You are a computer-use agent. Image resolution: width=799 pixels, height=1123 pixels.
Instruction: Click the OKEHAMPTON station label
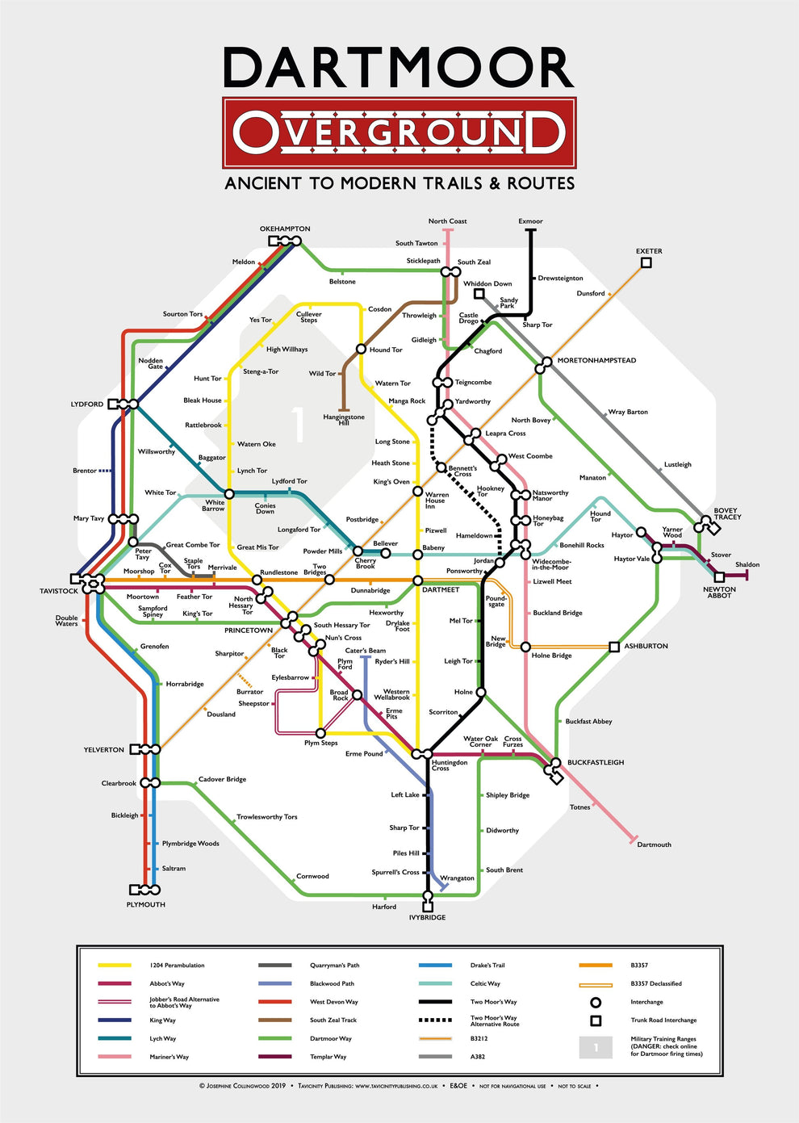285,228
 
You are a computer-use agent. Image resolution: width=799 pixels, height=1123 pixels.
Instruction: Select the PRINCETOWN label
248,631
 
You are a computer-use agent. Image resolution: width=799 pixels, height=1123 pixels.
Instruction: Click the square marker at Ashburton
614,647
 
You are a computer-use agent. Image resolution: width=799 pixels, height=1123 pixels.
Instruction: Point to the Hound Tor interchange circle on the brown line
362,350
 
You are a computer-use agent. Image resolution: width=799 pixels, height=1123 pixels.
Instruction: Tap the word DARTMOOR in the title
399,68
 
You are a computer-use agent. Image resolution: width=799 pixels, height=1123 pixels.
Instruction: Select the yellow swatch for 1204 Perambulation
114,966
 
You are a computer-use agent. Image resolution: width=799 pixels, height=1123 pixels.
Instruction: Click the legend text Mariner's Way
169,1057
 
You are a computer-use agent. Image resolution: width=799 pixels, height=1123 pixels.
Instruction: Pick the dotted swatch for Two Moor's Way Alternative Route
435,1020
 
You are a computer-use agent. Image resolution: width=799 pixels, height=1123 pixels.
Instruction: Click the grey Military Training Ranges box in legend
596,1047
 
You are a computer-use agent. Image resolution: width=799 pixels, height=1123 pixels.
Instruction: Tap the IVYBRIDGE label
427,918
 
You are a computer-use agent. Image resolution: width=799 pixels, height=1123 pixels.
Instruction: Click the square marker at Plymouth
134,890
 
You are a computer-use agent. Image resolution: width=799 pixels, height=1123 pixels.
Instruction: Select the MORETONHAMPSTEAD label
596,361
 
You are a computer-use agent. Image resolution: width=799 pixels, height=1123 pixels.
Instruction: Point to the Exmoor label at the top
530,221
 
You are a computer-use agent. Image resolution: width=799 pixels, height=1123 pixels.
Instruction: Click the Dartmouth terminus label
654,844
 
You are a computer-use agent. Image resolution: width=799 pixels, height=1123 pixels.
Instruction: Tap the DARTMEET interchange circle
417,580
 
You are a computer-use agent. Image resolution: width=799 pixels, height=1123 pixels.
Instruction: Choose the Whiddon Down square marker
479,294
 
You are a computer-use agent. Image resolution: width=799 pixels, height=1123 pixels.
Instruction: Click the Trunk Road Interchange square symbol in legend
596,1020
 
